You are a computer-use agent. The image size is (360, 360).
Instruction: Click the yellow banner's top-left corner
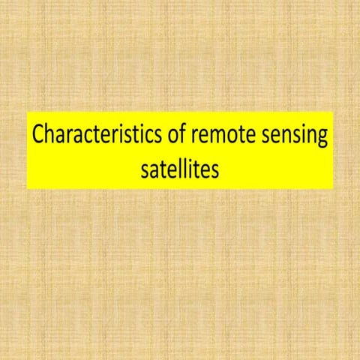click(28, 112)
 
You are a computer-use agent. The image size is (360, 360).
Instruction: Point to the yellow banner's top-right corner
click(332, 112)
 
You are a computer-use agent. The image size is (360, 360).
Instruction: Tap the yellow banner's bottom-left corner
click(28, 188)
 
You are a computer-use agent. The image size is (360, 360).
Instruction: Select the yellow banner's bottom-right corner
click(332, 188)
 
